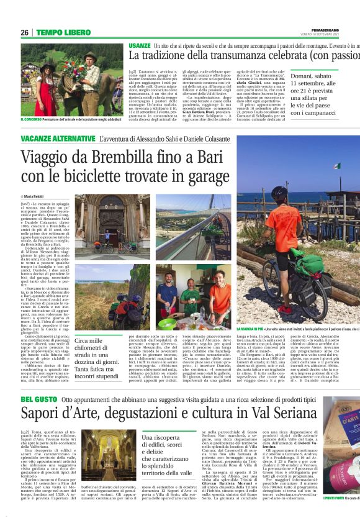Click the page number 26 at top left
tap(25, 32)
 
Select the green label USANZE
tap(140, 46)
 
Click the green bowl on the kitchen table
tap(166, 323)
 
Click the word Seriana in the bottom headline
tap(277, 414)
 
